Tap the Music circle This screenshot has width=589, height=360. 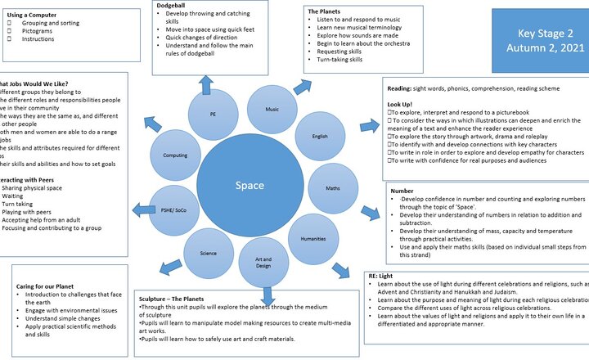coord(271,109)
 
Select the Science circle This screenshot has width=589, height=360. coord(209,253)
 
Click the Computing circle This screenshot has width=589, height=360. coord(175,155)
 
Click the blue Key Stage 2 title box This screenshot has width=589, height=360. coord(540,41)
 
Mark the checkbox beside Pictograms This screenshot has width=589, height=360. coord(9,30)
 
